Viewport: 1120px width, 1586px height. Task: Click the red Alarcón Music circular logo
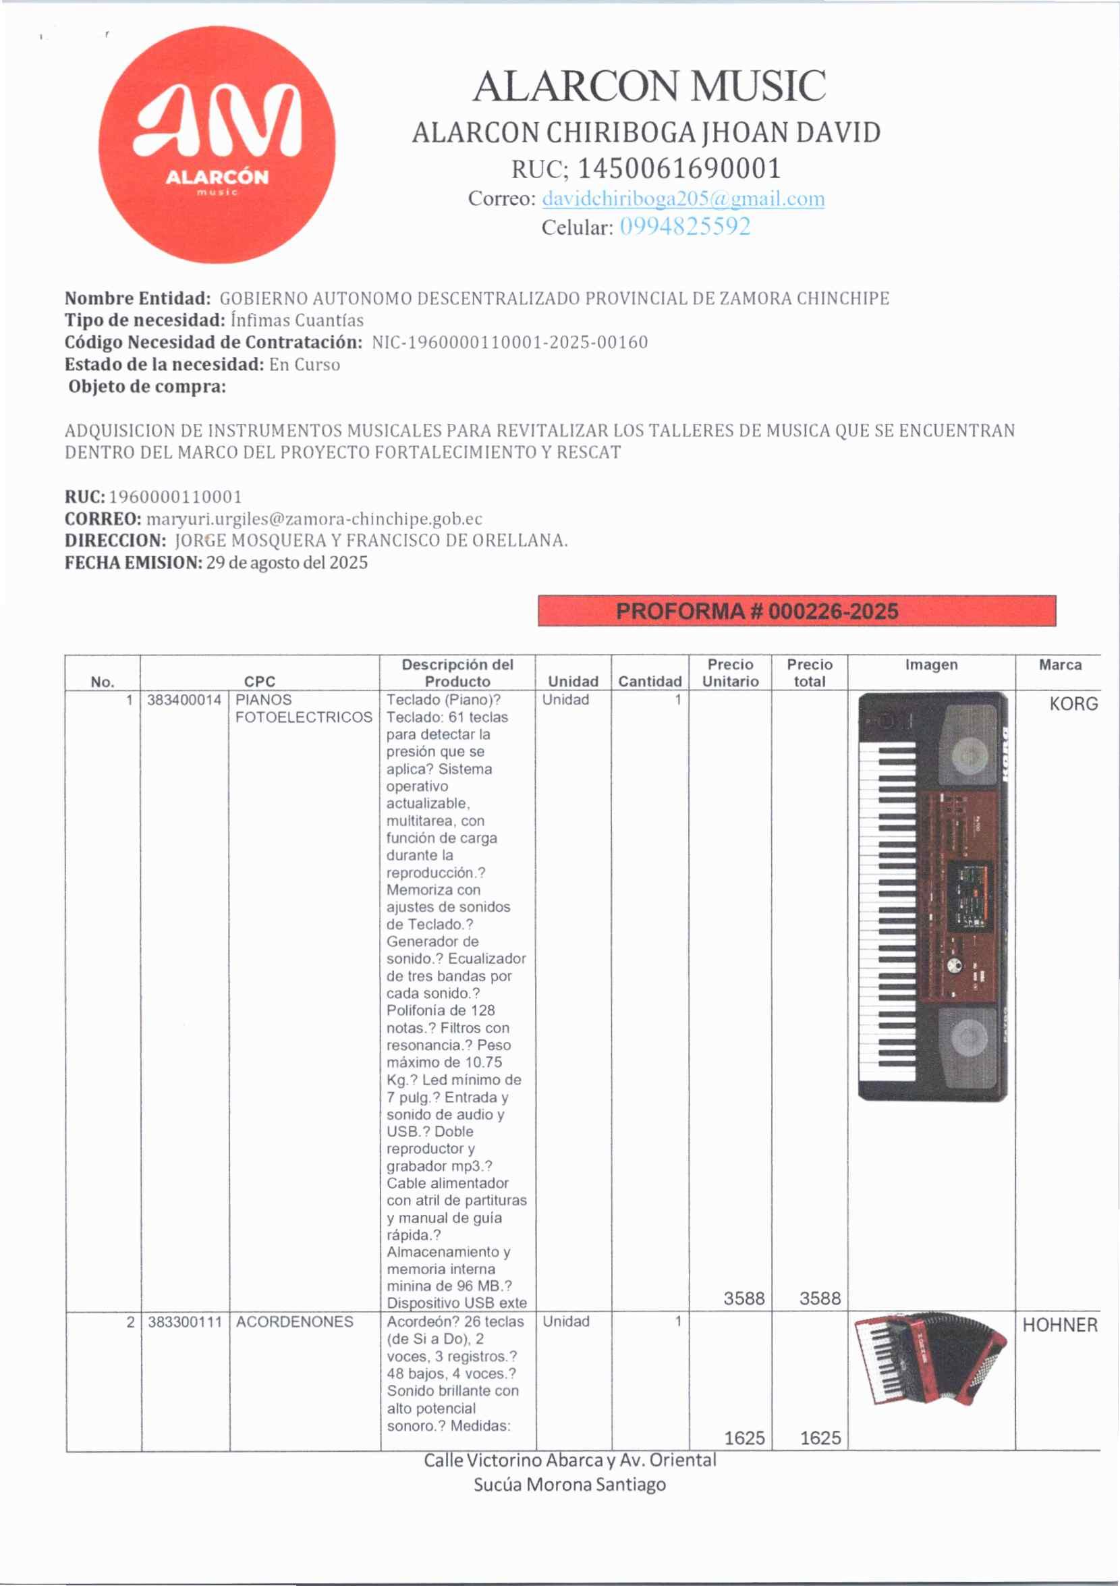point(217,144)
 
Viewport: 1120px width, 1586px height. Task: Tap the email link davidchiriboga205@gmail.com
point(683,198)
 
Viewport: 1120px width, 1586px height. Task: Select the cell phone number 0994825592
point(684,227)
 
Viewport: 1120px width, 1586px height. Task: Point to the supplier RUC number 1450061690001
point(679,168)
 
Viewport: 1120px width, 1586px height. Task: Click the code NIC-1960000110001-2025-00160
point(509,342)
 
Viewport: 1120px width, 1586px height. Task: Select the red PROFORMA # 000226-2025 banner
point(796,611)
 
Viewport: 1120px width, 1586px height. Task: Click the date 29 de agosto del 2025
point(287,562)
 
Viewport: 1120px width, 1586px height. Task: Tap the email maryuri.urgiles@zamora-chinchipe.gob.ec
point(314,518)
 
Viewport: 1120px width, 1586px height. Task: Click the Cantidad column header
point(649,681)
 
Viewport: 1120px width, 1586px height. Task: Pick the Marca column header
point(1059,665)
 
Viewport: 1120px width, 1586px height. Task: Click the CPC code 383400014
point(184,700)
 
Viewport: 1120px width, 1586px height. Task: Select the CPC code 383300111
point(184,1321)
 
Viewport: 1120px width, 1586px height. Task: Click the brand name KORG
point(1073,704)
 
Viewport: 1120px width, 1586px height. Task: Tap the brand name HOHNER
point(1059,1325)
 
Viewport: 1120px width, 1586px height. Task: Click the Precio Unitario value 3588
point(744,1298)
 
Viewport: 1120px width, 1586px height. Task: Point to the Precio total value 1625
point(820,1438)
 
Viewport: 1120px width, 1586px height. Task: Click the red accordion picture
point(930,1358)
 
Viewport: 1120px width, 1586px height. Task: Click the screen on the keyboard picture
point(968,895)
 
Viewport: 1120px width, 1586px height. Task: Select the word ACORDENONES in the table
point(294,1321)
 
